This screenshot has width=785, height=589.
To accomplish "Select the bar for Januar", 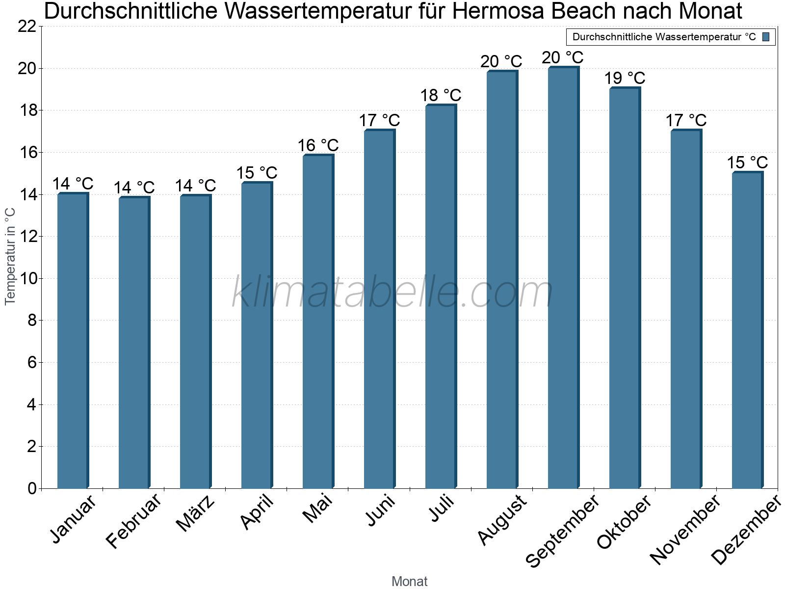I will [x=73, y=341].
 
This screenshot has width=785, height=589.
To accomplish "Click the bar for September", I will [x=563, y=278].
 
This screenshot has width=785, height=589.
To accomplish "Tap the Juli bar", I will [x=441, y=297].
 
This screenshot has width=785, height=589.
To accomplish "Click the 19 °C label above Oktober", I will [x=624, y=78].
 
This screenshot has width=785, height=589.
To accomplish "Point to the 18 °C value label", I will [x=441, y=95].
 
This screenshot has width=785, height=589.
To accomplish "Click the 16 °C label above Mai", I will [x=318, y=145].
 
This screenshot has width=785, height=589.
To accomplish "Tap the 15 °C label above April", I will [x=257, y=173].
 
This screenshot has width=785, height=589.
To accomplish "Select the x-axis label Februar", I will [x=133, y=521].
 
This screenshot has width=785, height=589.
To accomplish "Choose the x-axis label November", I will [x=685, y=530].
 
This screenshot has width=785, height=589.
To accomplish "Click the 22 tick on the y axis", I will [x=27, y=27].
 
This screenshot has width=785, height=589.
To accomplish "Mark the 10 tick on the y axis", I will [x=27, y=279].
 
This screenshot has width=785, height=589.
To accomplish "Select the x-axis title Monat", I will [x=409, y=582].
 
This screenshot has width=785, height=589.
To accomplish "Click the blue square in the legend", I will [x=766, y=37].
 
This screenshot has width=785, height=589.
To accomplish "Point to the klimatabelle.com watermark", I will [x=392, y=292].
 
